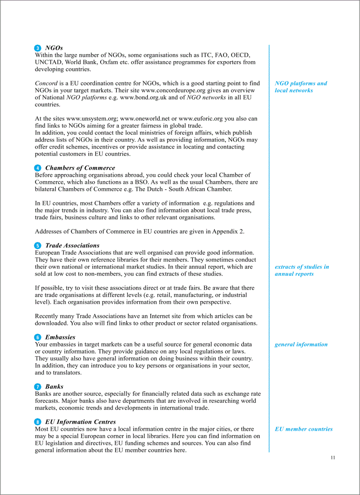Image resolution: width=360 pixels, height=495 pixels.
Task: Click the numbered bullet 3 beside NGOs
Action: coord(38,48)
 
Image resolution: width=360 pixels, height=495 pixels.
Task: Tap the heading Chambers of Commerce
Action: coord(80,168)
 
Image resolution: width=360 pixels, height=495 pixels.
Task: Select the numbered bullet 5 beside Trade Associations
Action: coord(38,246)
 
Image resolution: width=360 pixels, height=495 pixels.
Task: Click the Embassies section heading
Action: coord(60,337)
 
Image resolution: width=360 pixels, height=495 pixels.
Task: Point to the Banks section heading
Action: coord(54,387)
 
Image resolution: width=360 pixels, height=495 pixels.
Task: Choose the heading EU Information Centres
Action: coord(80,422)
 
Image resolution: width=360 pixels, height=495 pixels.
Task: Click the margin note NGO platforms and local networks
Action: coord(300,87)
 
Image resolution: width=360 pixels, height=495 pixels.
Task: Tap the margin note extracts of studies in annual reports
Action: coord(301,270)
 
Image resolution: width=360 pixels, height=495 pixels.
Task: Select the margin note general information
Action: coord(301,344)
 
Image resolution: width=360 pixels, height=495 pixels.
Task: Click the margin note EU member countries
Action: coord(304,429)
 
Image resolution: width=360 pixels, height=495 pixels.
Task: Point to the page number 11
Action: coord(333,458)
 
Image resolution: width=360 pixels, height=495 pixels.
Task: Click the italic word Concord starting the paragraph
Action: coord(46,83)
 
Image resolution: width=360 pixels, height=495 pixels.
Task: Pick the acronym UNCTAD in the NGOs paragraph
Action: coord(48,62)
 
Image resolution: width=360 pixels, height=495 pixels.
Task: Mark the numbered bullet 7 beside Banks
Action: coord(38,387)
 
